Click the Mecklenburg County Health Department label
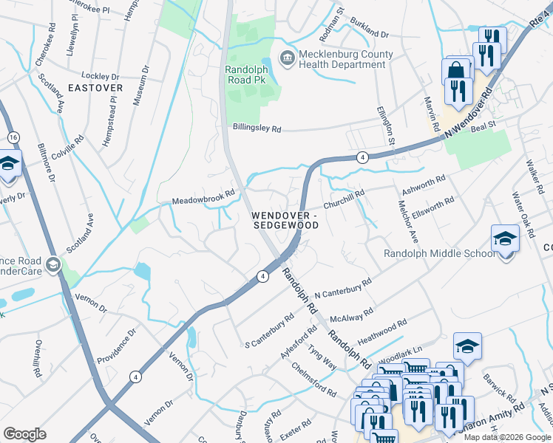(x=342, y=58)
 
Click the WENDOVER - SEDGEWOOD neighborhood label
(x=285, y=219)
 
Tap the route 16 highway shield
(x=13, y=137)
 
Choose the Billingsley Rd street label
(x=255, y=128)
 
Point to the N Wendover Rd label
(x=467, y=114)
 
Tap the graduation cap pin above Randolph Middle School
(x=506, y=239)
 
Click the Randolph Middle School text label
(x=439, y=254)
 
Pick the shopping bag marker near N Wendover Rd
(x=455, y=72)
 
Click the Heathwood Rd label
(x=382, y=330)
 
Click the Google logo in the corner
(x=24, y=434)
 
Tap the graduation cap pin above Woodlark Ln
(x=467, y=347)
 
